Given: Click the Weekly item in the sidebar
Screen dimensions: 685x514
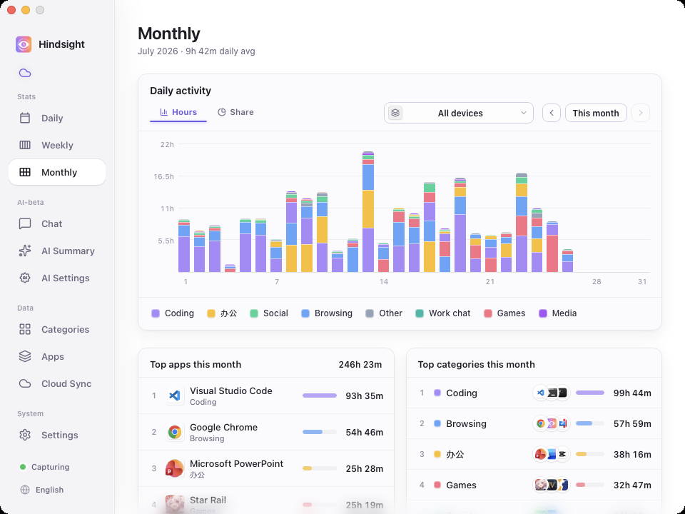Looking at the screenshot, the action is [57, 145].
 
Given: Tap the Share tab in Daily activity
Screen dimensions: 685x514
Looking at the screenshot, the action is [235, 112].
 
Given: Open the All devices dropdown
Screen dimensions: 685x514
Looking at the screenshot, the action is [458, 114].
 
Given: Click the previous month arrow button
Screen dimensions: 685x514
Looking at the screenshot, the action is [552, 114].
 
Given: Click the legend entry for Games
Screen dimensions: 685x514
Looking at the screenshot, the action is [504, 313].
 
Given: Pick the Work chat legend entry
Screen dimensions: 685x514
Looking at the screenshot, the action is [443, 313].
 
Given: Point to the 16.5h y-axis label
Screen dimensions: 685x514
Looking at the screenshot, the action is [164, 176].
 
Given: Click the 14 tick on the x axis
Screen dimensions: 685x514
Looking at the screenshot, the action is [384, 282].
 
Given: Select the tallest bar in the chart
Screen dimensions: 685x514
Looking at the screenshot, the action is [368, 212].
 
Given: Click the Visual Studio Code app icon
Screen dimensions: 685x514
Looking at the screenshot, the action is [175, 395].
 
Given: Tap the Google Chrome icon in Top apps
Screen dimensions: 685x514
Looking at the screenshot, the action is [175, 433].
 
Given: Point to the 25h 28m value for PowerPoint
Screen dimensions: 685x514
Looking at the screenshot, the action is [365, 469].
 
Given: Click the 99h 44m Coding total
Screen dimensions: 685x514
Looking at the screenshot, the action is [632, 393].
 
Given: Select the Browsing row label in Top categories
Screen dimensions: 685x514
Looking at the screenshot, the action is [466, 423].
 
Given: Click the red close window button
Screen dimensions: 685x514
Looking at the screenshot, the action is [11, 10].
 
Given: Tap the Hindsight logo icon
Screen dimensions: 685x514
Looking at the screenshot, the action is [24, 44].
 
